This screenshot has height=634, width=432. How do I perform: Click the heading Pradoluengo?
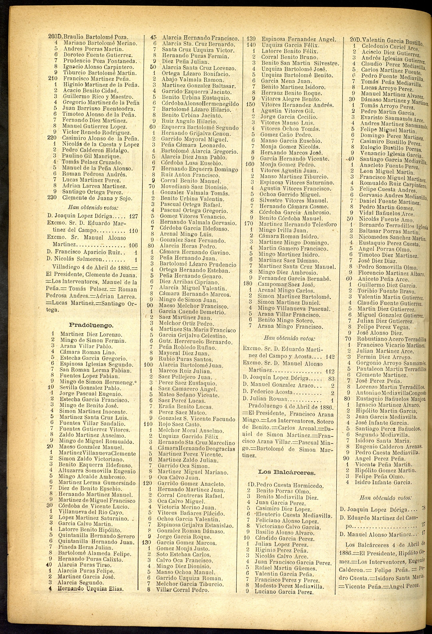(91, 325)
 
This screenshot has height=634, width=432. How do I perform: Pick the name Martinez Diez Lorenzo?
(91, 334)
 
